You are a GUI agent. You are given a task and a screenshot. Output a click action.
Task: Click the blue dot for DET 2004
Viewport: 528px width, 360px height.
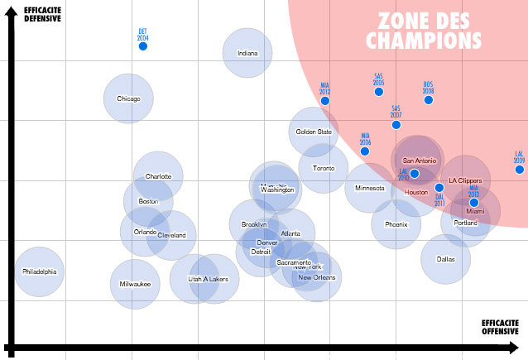point(142,46)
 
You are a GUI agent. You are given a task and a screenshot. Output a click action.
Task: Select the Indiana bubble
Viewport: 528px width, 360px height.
point(247,53)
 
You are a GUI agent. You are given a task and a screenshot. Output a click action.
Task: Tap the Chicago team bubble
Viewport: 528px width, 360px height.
point(128,98)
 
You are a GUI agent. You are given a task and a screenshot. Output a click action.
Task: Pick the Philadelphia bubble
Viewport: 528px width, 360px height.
point(39,271)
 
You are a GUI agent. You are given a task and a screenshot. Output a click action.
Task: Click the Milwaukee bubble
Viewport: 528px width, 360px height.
point(135,284)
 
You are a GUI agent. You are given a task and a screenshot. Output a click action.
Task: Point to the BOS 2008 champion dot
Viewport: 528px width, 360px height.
point(429,100)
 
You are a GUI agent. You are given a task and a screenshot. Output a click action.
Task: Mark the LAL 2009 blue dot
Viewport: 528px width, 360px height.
point(520,170)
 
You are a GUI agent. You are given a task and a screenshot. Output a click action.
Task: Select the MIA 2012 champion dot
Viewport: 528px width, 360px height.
point(325,101)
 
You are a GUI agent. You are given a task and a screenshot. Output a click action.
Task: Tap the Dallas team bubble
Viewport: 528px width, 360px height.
point(445,259)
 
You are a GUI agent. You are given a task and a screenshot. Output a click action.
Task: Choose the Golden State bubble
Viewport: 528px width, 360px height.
point(314,132)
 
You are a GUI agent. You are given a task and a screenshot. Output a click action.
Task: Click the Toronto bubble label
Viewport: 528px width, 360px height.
point(324,169)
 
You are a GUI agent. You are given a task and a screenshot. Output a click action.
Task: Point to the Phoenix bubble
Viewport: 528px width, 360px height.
point(396,224)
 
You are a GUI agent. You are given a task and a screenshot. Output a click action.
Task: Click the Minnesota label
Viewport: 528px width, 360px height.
point(369,188)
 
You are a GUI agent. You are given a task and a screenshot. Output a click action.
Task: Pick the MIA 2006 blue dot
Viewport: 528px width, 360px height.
point(365,151)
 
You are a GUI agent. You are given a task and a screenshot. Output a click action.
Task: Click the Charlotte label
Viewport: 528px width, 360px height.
point(158,176)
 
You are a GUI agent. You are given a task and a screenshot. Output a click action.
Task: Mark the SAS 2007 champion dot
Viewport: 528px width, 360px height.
point(396,125)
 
